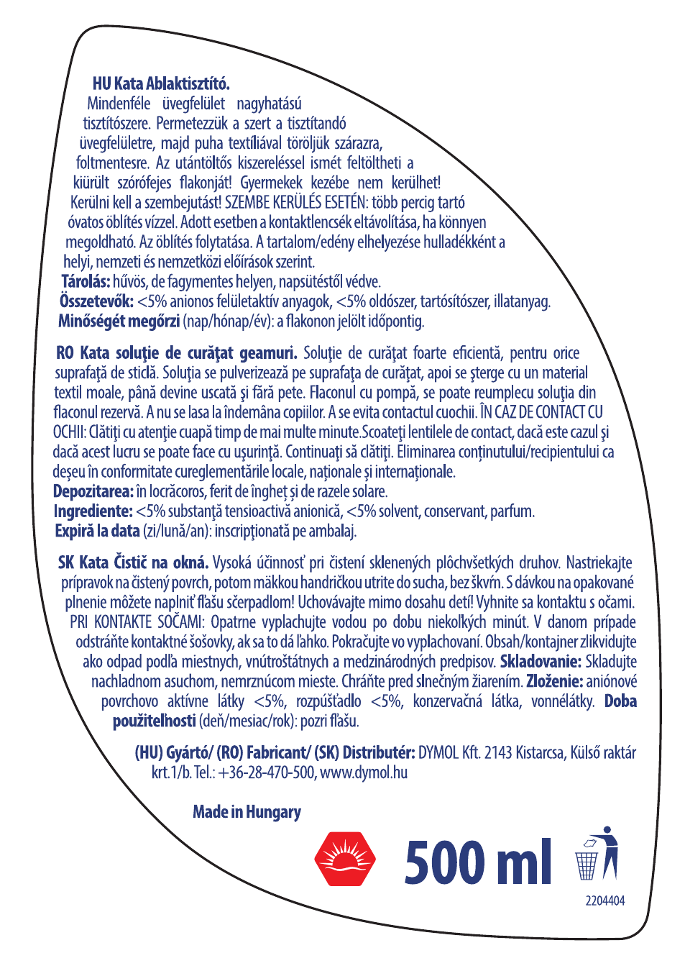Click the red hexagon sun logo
coord(345,859)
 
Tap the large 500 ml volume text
coord(478,862)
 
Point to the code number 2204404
coord(604,901)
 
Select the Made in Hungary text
coord(247,812)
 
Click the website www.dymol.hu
coord(364,772)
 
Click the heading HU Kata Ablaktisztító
coord(161,83)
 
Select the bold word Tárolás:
coord(86,281)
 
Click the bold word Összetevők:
coord(97,301)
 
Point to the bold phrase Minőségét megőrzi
coord(119,321)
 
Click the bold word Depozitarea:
coord(93,491)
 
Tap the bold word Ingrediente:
coord(93,511)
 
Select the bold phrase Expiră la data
coord(98,531)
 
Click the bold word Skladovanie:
coord(541,662)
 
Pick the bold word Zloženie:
coord(554,681)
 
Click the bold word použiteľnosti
coord(155,721)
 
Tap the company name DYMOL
coord(438,753)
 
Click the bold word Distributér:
coord(379,753)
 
